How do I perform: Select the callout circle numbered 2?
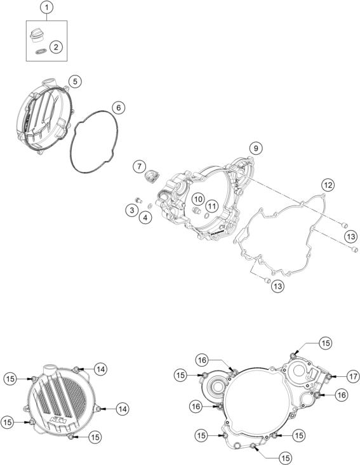point(56,46)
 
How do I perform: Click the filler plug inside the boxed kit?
point(37,36)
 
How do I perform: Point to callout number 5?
point(75,81)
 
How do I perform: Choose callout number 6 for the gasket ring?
point(119,108)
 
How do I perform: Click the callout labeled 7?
point(139,166)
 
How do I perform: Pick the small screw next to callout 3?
point(138,200)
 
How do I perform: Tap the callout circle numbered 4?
point(145,218)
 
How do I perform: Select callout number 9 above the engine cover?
point(255,148)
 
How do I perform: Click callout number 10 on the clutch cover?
point(198,199)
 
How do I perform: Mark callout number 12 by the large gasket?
point(328,185)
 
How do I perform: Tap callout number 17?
point(353,377)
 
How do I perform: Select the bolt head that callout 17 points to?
point(329,377)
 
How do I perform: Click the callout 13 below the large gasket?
point(277,286)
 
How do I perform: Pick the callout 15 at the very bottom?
point(285,459)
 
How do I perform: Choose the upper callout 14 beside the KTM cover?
point(100,369)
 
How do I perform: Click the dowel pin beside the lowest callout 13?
point(267,280)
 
